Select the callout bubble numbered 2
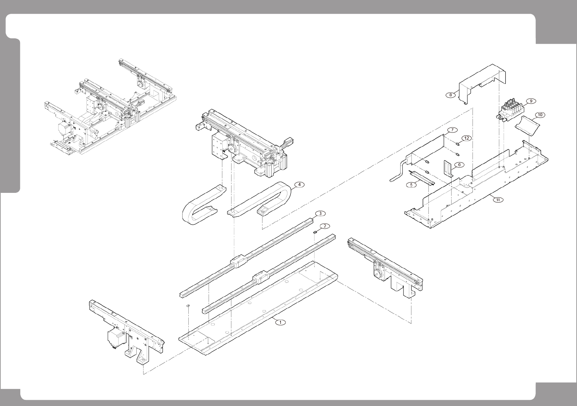pos(325,226)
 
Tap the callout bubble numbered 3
pos(320,213)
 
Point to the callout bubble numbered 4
pos(299,185)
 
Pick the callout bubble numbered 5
pos(411,185)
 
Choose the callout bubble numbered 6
pos(459,165)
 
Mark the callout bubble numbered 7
pos(452,130)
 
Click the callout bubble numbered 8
pos(450,95)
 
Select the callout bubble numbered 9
pos(531,101)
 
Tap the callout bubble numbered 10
pos(540,115)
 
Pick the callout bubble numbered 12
pos(466,138)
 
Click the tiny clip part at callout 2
pos(315,231)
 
